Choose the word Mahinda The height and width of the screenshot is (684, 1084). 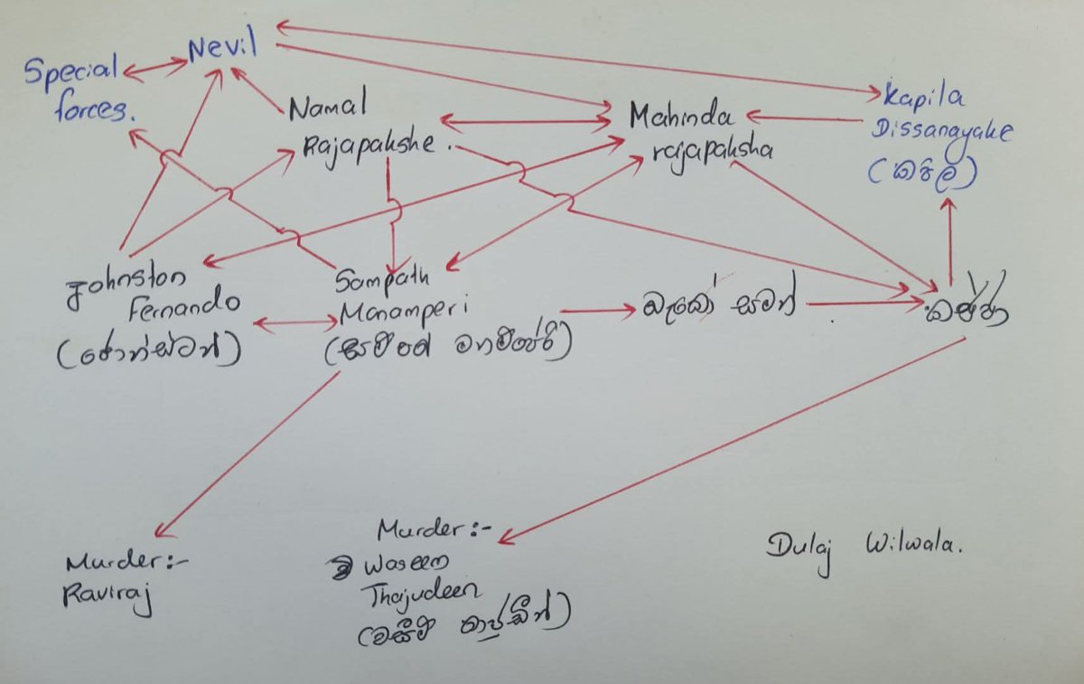pos(683,116)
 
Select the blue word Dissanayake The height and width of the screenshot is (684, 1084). pos(941,131)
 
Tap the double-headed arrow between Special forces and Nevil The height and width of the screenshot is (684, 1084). pos(154,66)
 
